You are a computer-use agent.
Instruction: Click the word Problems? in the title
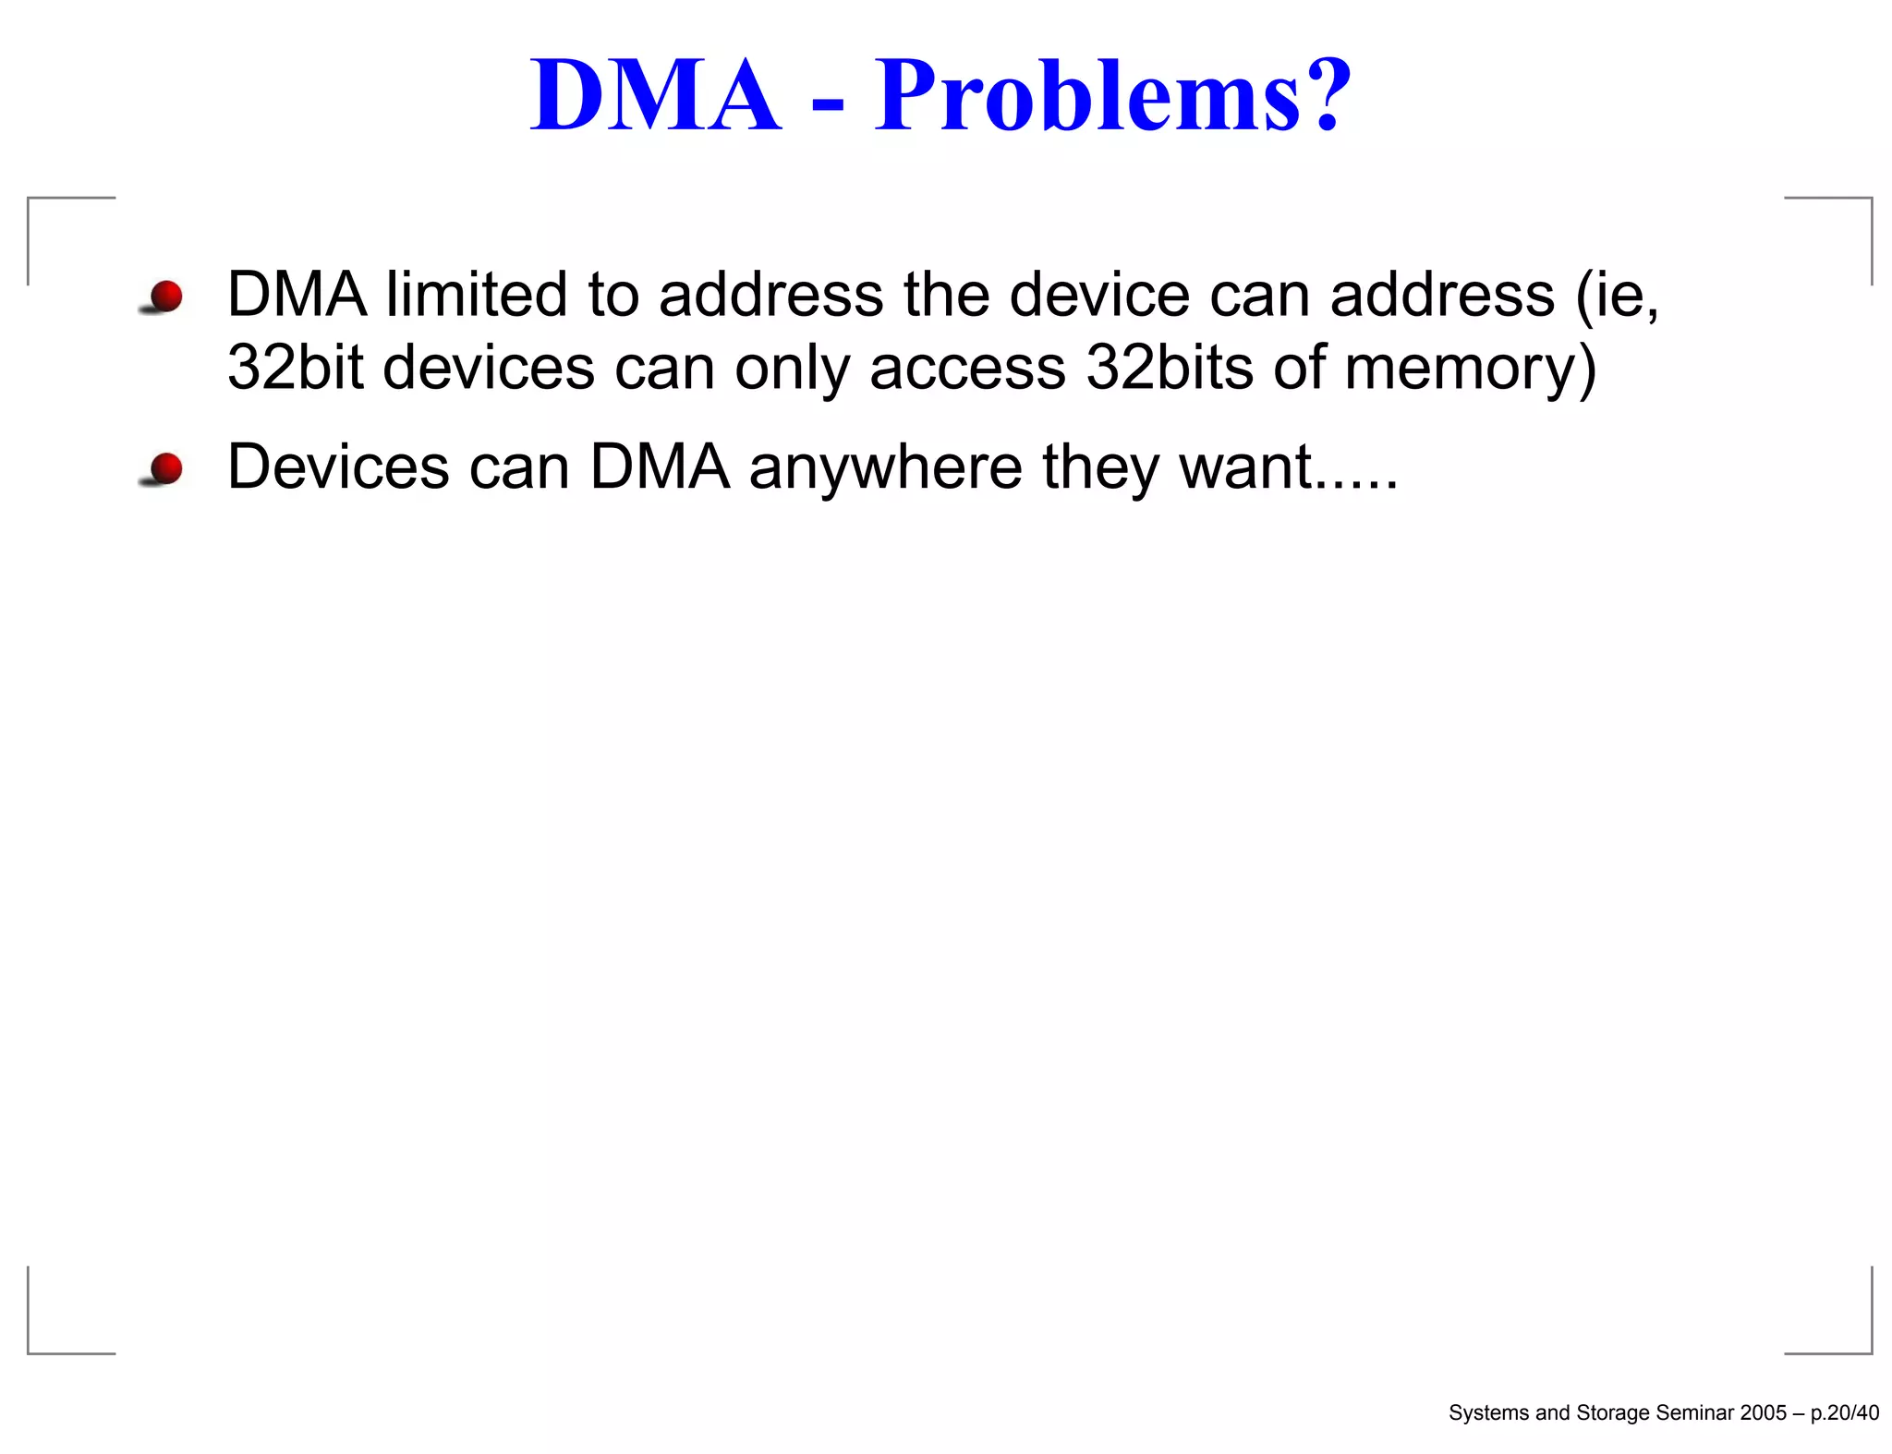click(1112, 97)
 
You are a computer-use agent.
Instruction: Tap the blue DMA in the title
click(656, 97)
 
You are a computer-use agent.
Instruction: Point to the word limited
click(476, 295)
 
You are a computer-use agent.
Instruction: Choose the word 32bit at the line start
click(295, 367)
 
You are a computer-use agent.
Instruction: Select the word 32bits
click(1170, 367)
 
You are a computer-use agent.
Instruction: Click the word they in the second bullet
click(1100, 467)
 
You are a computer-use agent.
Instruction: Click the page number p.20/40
click(1844, 1412)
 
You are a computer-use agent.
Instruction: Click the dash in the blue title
click(828, 107)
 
